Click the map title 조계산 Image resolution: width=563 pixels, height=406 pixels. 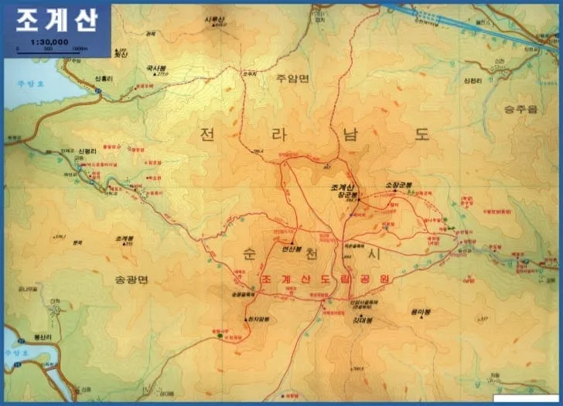point(56,20)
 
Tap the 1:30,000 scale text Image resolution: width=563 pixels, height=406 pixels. point(49,41)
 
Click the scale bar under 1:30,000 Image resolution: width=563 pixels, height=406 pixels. point(49,48)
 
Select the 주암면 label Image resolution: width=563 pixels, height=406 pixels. point(292,79)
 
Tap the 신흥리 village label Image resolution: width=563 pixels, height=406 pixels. point(105,79)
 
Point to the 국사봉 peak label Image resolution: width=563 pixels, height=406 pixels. point(157,68)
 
